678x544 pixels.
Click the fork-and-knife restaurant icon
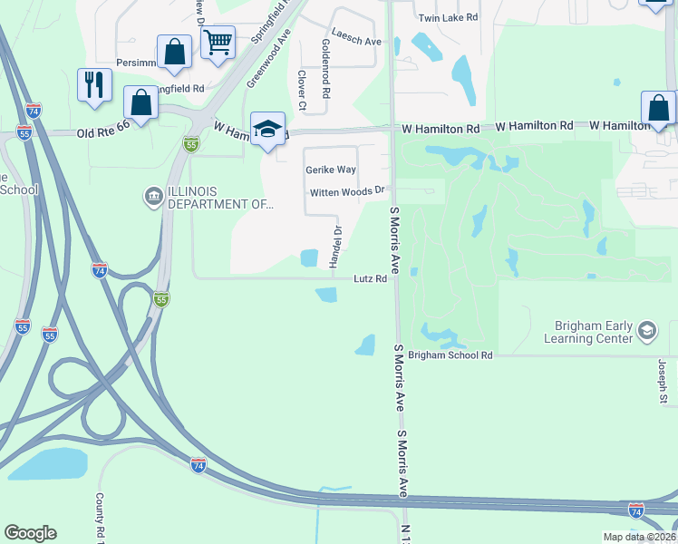tap(94, 85)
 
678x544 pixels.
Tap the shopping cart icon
tap(218, 42)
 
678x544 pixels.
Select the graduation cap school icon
tap(267, 131)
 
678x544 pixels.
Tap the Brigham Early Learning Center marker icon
tap(646, 331)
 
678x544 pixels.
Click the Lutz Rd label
tap(370, 279)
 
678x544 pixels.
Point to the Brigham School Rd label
tap(450, 356)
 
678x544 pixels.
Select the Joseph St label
tap(663, 381)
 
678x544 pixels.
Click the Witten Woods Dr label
tap(348, 192)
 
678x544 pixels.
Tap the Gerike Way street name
tap(331, 170)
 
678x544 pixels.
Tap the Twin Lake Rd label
tap(447, 18)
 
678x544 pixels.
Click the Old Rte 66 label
tap(102, 132)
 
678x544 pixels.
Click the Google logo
tap(30, 533)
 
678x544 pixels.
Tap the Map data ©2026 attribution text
tap(638, 537)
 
